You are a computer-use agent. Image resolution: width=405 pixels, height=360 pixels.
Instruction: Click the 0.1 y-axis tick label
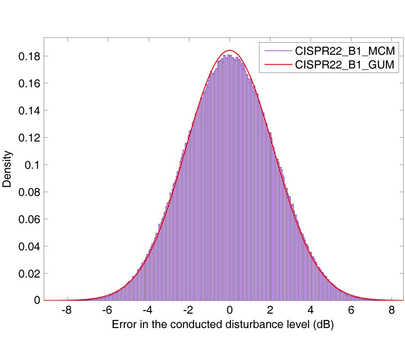[x=32, y=165]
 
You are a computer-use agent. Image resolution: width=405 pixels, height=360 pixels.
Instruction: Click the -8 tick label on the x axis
[x=66, y=311]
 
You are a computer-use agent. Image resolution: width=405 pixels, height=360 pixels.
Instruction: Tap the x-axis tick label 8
[x=391, y=311]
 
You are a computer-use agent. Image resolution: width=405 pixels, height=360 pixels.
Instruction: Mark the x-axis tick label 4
[x=310, y=311]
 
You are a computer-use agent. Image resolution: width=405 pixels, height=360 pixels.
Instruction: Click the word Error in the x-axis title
[x=122, y=324]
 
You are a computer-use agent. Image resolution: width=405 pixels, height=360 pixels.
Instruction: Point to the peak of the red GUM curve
[x=229, y=50]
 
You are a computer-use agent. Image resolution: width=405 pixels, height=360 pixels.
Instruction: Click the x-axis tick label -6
[x=106, y=311]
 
